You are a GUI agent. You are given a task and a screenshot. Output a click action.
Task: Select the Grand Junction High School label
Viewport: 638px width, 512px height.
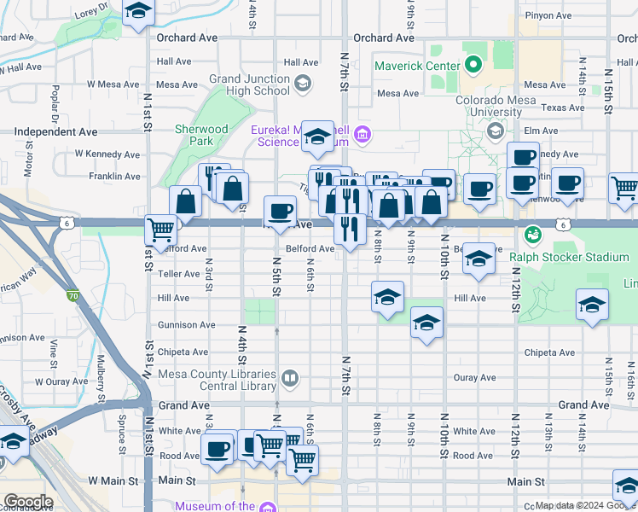[x=249, y=85]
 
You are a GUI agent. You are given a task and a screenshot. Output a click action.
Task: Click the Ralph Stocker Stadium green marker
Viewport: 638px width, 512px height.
[x=533, y=233]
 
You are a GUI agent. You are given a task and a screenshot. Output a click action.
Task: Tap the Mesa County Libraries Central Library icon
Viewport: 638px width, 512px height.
[x=290, y=378]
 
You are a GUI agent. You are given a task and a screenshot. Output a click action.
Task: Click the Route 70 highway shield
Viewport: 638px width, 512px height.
[x=73, y=295]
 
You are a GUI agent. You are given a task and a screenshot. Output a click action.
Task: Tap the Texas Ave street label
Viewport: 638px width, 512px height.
[x=563, y=108]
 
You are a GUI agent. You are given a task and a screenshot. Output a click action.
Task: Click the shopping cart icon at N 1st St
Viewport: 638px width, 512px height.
[x=160, y=228]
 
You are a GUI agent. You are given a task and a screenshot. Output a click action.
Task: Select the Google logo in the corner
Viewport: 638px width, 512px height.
[x=27, y=501]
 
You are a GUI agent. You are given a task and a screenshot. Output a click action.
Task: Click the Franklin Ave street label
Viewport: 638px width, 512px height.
[x=114, y=177]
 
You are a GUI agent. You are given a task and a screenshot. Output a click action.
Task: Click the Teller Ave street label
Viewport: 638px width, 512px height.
[x=178, y=274]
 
